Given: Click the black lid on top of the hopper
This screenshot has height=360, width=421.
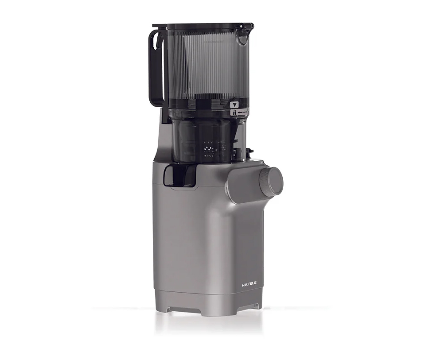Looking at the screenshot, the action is point(203,26).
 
